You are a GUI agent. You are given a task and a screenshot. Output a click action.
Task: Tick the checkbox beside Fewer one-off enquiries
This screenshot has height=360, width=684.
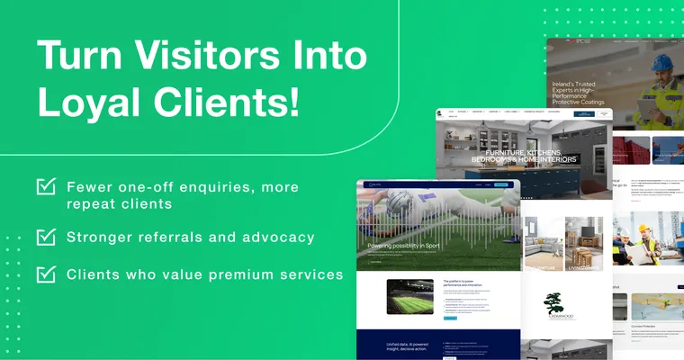pos(46,187)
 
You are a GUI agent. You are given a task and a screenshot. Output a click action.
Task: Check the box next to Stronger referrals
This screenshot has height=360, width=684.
pos(46,237)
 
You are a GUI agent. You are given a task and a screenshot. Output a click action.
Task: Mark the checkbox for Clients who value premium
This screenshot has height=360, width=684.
pos(46,274)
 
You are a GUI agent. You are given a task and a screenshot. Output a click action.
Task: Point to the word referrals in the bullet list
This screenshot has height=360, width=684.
pos(198,238)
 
